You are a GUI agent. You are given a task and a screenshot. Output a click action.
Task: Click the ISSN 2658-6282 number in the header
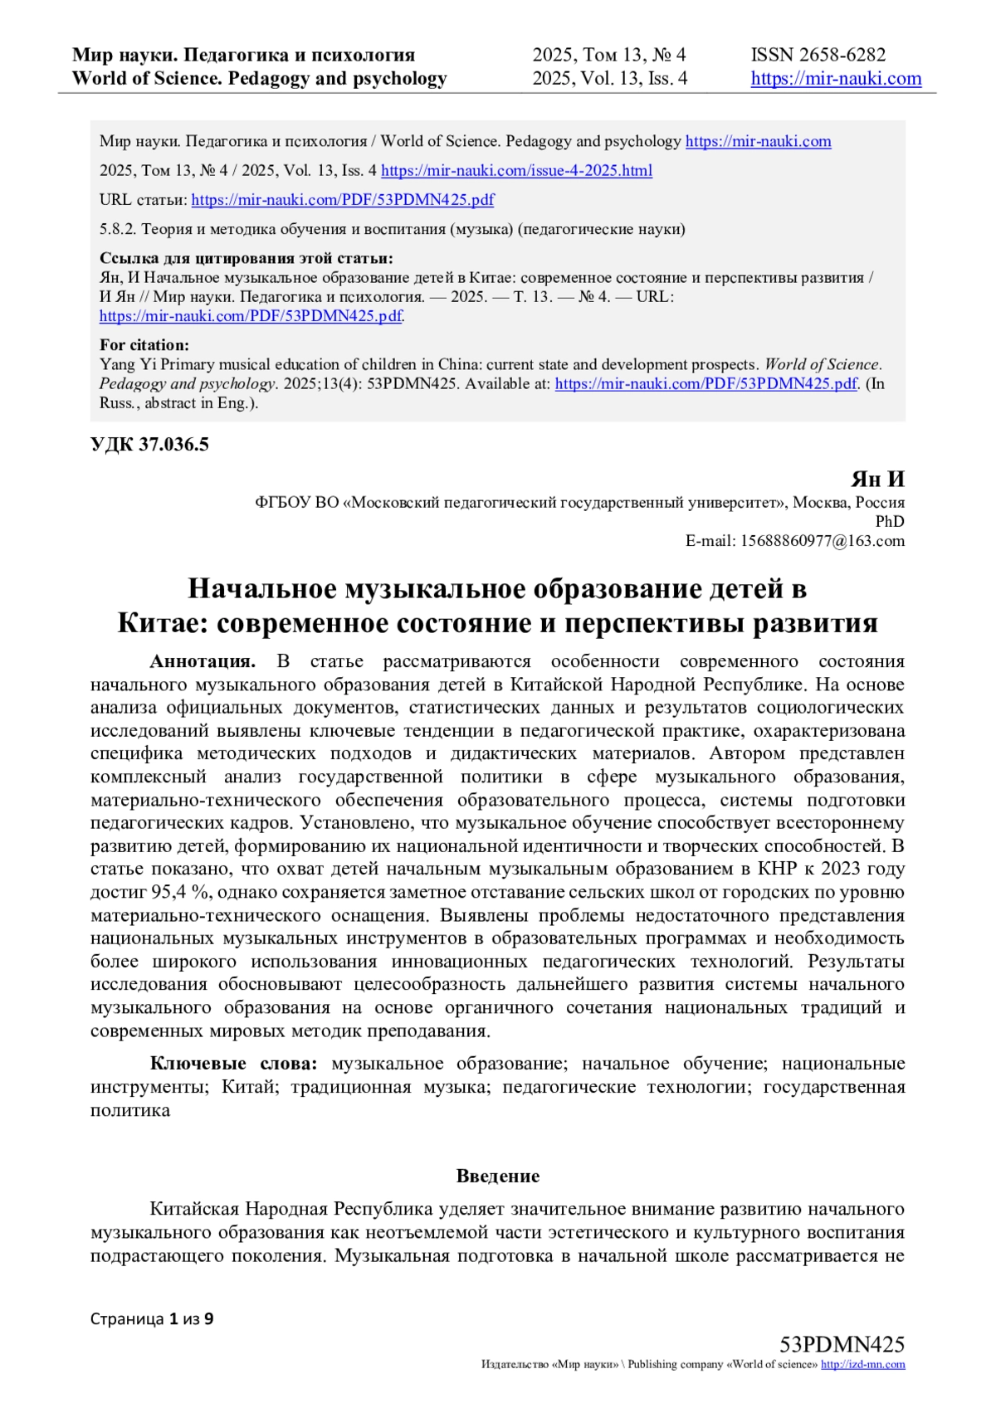[x=818, y=55]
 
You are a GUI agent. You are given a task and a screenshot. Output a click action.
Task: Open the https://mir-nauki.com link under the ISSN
[x=836, y=79]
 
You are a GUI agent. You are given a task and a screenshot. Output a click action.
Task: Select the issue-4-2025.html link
[x=516, y=170]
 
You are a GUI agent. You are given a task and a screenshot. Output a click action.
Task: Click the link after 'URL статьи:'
[x=342, y=200]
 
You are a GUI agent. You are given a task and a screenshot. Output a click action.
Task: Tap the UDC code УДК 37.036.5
[x=149, y=445]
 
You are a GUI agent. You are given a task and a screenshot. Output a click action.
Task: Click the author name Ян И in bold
[x=877, y=480]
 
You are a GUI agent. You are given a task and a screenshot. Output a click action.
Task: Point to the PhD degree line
[x=890, y=522]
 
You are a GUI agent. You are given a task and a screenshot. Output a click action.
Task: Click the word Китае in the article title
[x=164, y=623]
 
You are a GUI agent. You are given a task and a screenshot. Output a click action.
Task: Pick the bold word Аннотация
[x=203, y=661]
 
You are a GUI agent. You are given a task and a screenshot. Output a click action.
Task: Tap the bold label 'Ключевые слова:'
[x=233, y=1065]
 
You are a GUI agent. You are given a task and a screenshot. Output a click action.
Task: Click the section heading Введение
[x=498, y=1177]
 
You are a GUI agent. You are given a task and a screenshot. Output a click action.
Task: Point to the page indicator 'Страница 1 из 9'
[x=152, y=1318]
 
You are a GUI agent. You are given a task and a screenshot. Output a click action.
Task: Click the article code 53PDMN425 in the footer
[x=842, y=1345]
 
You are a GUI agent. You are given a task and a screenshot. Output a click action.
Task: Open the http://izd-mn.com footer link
[x=862, y=1365]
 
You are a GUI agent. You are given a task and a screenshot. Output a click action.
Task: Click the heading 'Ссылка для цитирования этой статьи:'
[x=246, y=258]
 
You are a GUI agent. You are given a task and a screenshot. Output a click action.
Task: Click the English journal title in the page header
[x=259, y=79]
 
